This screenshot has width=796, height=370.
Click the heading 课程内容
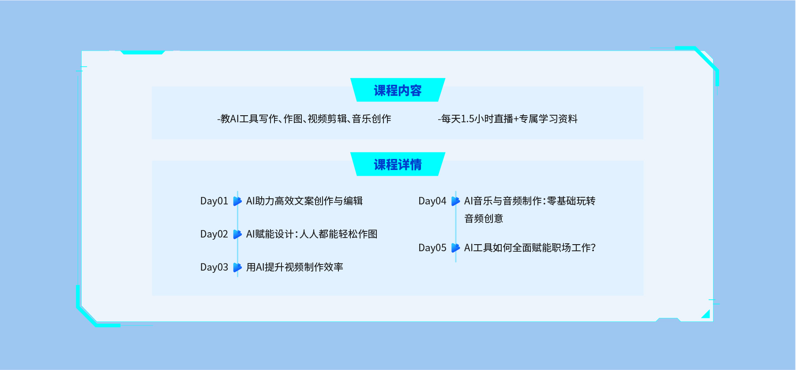coord(398,91)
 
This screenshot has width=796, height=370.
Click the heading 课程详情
coord(398,165)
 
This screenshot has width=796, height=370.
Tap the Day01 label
coord(214,201)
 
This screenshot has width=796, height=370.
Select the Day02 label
coord(214,234)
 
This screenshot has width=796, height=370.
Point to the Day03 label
coord(214,268)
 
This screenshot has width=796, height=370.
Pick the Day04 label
coord(432,201)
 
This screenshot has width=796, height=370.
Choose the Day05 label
coord(432,248)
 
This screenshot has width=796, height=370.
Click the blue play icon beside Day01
coord(237,201)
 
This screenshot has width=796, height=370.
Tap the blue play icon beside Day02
coord(237,234)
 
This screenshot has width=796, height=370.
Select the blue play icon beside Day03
coord(237,268)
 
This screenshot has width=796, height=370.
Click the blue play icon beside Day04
coord(456,201)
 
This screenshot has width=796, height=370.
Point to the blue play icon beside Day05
coord(456,248)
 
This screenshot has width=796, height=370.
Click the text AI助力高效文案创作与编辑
coord(304,201)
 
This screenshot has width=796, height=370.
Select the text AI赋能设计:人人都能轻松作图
coord(312,234)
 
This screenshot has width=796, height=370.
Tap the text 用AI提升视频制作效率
coord(295,267)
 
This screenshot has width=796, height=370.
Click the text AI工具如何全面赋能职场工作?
coord(530,248)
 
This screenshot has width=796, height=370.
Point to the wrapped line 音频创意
coord(484,219)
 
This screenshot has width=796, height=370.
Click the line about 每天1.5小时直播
coord(507,119)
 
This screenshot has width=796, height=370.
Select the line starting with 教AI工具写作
coord(304,119)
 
